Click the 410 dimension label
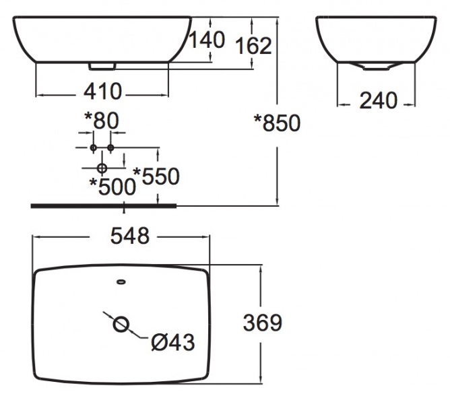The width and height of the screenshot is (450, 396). coord(102,90)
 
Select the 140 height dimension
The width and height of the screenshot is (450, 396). coord(206,40)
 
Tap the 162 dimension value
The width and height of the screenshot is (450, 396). coord(253,46)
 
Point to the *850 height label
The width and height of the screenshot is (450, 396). coord(276,123)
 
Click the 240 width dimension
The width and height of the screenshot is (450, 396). coord(378,101)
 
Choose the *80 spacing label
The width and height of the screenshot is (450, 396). coord(101,121)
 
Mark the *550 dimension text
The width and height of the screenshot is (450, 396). coord(156,176)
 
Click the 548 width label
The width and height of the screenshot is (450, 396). coord(121,236)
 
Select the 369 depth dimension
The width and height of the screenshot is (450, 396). coord(262,323)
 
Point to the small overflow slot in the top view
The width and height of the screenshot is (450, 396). coord(121,282)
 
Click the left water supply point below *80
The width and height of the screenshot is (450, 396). coord(93,147)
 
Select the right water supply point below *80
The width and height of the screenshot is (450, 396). coord(110,147)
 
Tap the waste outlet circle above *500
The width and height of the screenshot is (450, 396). coord(102,167)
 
